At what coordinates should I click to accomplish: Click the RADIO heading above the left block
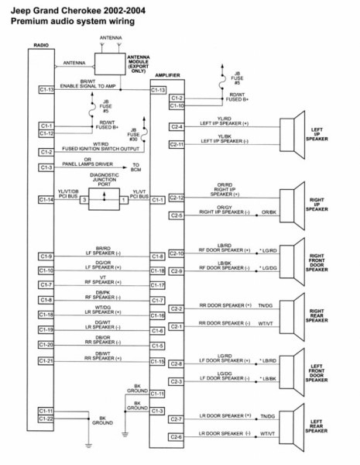[x=40, y=46]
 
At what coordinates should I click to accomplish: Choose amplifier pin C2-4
[x=177, y=126]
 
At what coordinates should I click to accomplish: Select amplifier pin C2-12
[x=177, y=198]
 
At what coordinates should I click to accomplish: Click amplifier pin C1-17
[x=158, y=284]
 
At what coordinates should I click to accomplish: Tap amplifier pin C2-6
[x=177, y=437]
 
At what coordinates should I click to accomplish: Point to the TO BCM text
[x=136, y=167]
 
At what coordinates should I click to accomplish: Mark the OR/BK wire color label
[x=268, y=212]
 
